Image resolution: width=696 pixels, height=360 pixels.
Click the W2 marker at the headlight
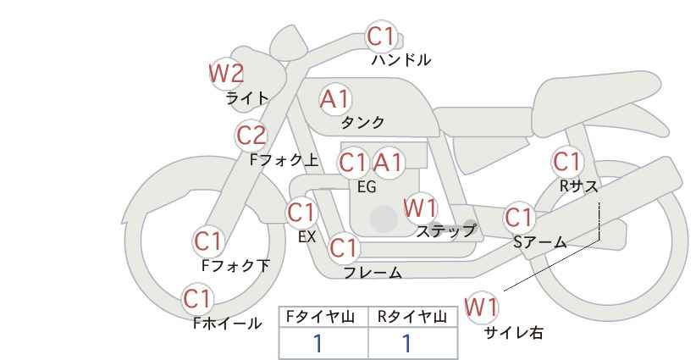tap(226, 74)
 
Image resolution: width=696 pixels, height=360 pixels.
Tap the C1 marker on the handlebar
tap(381, 36)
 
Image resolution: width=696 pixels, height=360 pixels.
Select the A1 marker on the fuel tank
tap(335, 99)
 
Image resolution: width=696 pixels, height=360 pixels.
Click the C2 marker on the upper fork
tap(251, 136)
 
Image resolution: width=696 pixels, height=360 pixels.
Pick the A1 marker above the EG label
tap(388, 163)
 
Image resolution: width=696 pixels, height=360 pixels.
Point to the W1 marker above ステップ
tap(420, 208)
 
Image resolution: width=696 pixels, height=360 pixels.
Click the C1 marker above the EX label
tap(302, 213)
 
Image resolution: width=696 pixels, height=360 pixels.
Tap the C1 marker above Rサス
tap(567, 162)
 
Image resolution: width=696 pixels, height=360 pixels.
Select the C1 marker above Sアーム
tap(519, 218)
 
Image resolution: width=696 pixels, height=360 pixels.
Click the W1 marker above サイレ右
tap(482, 307)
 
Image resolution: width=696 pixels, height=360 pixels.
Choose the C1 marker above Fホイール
tap(197, 299)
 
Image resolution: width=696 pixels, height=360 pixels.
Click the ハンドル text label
tap(401, 60)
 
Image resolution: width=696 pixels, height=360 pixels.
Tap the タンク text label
tap(362, 122)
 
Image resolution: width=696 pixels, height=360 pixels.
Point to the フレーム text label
tap(373, 272)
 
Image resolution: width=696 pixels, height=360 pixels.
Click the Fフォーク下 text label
tap(235, 265)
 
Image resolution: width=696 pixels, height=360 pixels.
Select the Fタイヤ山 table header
tap(320, 317)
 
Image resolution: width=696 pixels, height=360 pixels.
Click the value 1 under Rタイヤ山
tap(407, 344)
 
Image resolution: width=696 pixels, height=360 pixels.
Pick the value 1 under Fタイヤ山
tap(318, 344)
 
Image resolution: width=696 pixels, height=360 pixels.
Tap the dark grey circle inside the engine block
tap(384, 219)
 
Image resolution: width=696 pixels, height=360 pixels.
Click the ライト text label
tap(247, 98)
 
